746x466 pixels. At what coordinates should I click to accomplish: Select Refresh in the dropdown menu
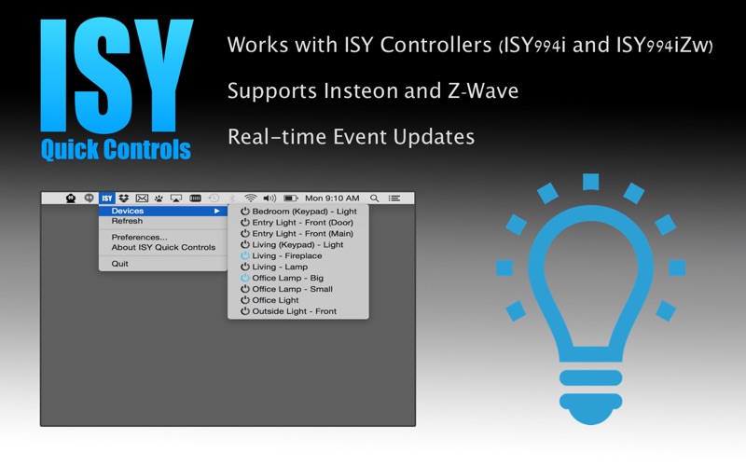(127, 221)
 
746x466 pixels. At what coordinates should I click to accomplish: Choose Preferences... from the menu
(139, 237)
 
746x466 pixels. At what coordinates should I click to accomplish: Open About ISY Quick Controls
(163, 247)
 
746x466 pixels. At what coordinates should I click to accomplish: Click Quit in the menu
(120, 264)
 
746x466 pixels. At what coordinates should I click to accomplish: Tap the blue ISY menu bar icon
(107, 199)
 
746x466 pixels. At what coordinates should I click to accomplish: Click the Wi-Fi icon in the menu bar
(250, 199)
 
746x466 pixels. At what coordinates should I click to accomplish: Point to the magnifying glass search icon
(375, 199)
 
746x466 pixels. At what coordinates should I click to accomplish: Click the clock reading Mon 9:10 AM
(332, 199)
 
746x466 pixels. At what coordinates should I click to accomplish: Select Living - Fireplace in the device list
(287, 255)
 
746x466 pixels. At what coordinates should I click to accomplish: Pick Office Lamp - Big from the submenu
(288, 278)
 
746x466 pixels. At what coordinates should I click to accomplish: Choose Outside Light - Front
(294, 311)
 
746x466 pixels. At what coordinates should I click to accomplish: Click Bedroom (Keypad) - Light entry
(305, 212)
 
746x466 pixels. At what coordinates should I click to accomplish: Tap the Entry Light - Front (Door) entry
(302, 223)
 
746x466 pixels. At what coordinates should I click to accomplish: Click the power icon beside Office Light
(245, 300)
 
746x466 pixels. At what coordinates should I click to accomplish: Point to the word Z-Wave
(483, 90)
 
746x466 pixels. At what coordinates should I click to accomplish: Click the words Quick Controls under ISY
(116, 150)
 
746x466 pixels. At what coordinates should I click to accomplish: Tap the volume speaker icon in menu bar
(269, 199)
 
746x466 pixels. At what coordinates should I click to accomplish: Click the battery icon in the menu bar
(291, 199)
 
